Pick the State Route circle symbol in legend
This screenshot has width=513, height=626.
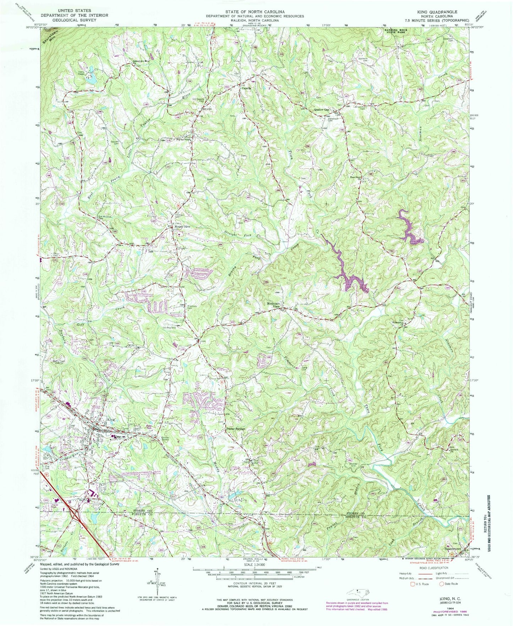click(441, 584)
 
